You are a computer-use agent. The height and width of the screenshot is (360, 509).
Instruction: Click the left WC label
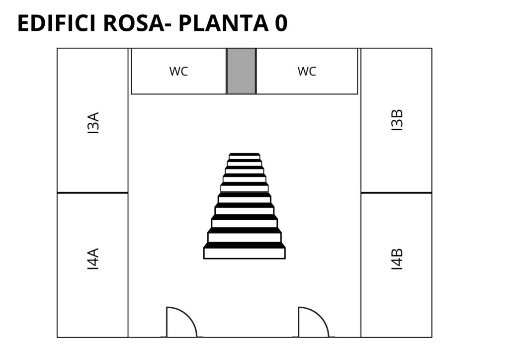coord(178,71)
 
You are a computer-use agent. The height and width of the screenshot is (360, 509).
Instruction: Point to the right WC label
coord(307,71)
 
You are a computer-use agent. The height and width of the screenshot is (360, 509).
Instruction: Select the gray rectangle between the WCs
coord(241,71)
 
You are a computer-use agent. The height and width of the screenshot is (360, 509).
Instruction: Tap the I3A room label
coord(93,123)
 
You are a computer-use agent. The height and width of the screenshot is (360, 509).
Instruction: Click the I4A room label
coord(93,259)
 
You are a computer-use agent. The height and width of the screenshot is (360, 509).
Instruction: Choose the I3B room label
coord(397,120)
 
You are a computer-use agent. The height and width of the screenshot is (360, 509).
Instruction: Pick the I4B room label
coord(397,259)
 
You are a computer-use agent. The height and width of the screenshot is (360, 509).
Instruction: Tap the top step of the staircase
coord(245,156)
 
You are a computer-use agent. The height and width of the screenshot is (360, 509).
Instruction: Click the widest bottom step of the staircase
coord(245,253)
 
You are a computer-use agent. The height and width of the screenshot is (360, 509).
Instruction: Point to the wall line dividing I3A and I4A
coord(92,192)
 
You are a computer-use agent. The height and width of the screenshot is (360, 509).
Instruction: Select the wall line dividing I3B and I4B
coord(396,192)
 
